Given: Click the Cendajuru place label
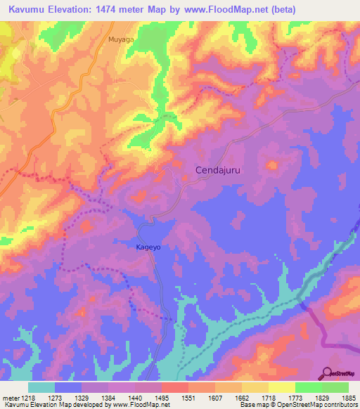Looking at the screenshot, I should (x=222, y=170).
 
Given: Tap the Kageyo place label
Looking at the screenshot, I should (x=148, y=247).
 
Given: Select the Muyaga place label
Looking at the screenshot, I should (x=120, y=40).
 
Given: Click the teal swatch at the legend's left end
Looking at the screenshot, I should (x=41, y=387).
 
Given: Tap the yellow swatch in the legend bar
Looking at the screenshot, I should (x=281, y=387).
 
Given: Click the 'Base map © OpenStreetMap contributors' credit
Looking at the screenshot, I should (x=298, y=405).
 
